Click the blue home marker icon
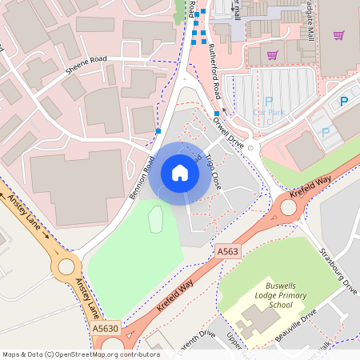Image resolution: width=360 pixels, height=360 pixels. click(180, 172)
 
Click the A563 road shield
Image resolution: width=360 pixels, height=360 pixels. click(228, 251)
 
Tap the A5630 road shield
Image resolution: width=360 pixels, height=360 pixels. click(105, 329)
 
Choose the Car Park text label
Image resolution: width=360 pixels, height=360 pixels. click(268, 113)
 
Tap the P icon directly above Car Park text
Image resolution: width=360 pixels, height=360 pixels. click(268, 102)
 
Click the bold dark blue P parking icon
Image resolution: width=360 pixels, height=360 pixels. click(344, 102)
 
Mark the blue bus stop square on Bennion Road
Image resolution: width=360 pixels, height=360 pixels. click(158, 130)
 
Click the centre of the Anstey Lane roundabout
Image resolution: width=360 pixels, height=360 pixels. click(66, 266)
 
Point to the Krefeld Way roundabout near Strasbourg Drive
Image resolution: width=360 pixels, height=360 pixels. click(287, 209)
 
